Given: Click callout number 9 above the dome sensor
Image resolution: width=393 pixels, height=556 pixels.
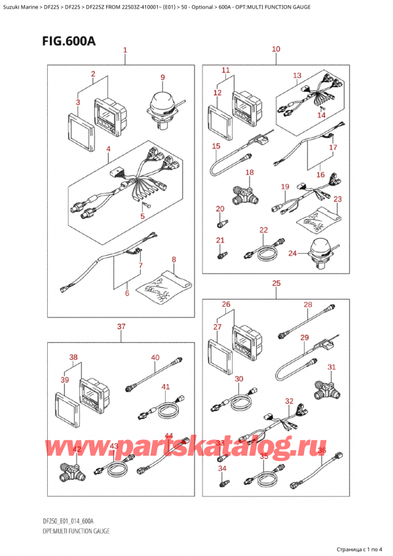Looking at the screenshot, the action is [x=162, y=77].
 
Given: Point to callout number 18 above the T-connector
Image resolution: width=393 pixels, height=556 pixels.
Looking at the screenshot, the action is [x=250, y=172].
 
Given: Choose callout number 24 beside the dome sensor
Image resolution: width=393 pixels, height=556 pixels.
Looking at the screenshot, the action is [x=292, y=253].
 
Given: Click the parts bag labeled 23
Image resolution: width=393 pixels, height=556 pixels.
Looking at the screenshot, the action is [x=318, y=218].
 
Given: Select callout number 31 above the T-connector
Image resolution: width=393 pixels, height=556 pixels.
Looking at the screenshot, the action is [x=331, y=367].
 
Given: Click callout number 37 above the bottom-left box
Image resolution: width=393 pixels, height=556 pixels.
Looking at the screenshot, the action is [x=121, y=327].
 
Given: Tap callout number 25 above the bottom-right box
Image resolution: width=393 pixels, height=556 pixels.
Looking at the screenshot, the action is [x=276, y=283].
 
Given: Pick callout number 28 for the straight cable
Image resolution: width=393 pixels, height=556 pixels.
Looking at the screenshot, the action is [x=308, y=304].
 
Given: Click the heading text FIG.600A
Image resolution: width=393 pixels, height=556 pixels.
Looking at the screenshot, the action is [x=69, y=41].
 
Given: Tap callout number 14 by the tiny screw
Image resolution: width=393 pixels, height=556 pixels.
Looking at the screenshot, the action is [x=321, y=115].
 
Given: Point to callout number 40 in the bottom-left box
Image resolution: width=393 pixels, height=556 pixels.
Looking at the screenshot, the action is [x=155, y=357].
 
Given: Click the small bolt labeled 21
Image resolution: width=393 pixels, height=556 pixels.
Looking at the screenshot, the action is [x=223, y=254].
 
